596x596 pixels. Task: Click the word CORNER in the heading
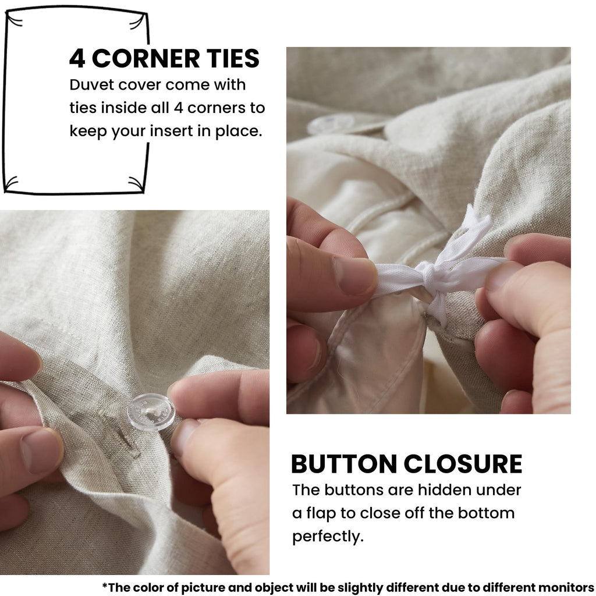point(146,59)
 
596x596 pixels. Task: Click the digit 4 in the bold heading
point(77,59)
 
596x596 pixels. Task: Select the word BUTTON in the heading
point(344,464)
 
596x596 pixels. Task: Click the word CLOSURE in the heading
point(463,464)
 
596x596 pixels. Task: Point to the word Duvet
point(91,85)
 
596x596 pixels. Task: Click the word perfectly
point(328,537)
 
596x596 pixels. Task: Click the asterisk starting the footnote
point(105,586)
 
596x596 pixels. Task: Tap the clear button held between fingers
point(151,412)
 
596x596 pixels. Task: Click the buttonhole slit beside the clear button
point(121,434)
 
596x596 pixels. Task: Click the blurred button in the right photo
point(330,123)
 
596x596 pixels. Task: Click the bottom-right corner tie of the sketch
point(136,183)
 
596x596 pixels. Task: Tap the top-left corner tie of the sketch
point(14,19)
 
